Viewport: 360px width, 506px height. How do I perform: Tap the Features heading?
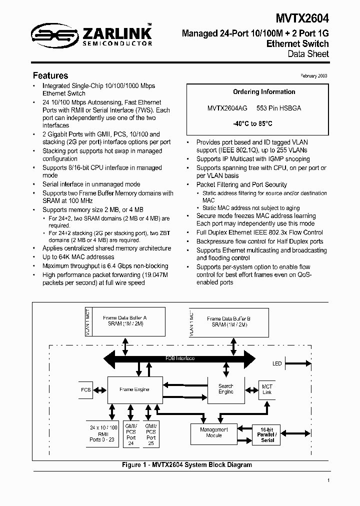(x=50, y=76)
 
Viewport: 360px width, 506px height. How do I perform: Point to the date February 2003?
(x=314, y=75)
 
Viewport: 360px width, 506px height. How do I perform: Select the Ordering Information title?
(x=264, y=92)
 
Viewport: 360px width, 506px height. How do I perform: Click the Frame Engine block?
(x=135, y=389)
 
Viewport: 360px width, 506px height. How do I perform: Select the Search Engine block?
(x=225, y=389)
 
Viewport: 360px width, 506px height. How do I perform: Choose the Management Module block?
(x=214, y=432)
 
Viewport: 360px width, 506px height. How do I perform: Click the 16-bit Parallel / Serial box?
(x=267, y=434)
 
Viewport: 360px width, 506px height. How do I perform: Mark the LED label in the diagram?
(x=277, y=363)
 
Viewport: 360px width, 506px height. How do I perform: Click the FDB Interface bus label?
(x=180, y=358)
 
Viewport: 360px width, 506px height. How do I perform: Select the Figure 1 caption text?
(x=187, y=465)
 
